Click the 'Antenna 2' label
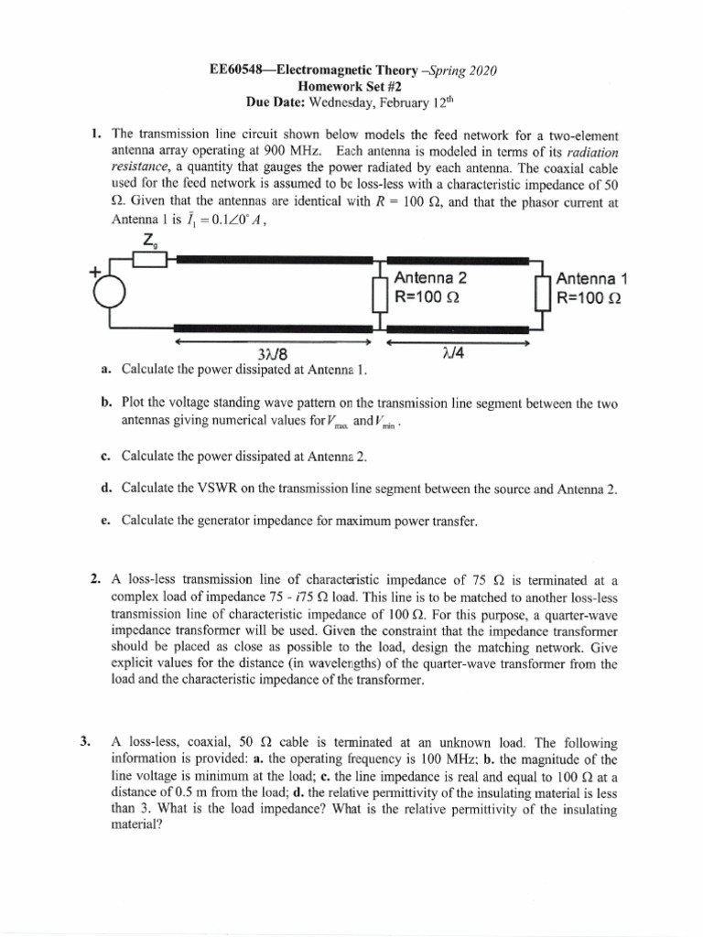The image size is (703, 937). click(x=430, y=279)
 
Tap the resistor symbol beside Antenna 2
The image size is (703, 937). click(x=377, y=296)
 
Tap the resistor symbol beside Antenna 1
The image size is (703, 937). click(x=540, y=296)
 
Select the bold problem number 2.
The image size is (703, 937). click(x=94, y=579)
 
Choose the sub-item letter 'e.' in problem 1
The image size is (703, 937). click(x=106, y=521)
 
